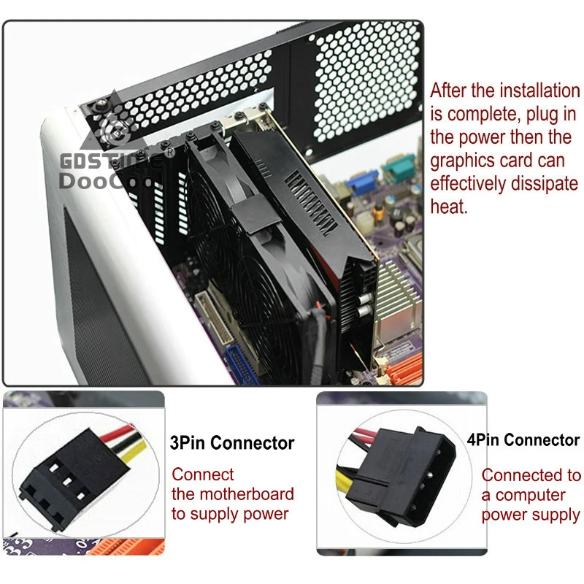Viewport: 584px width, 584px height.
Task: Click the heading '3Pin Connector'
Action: [232, 443]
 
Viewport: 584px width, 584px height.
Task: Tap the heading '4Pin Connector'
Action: [523, 440]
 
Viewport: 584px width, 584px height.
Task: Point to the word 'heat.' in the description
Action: [448, 207]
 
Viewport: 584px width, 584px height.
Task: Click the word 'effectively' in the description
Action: [480, 183]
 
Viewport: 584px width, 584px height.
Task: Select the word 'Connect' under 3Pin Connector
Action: [203, 475]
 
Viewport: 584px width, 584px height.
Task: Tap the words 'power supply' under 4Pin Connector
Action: [530, 515]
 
